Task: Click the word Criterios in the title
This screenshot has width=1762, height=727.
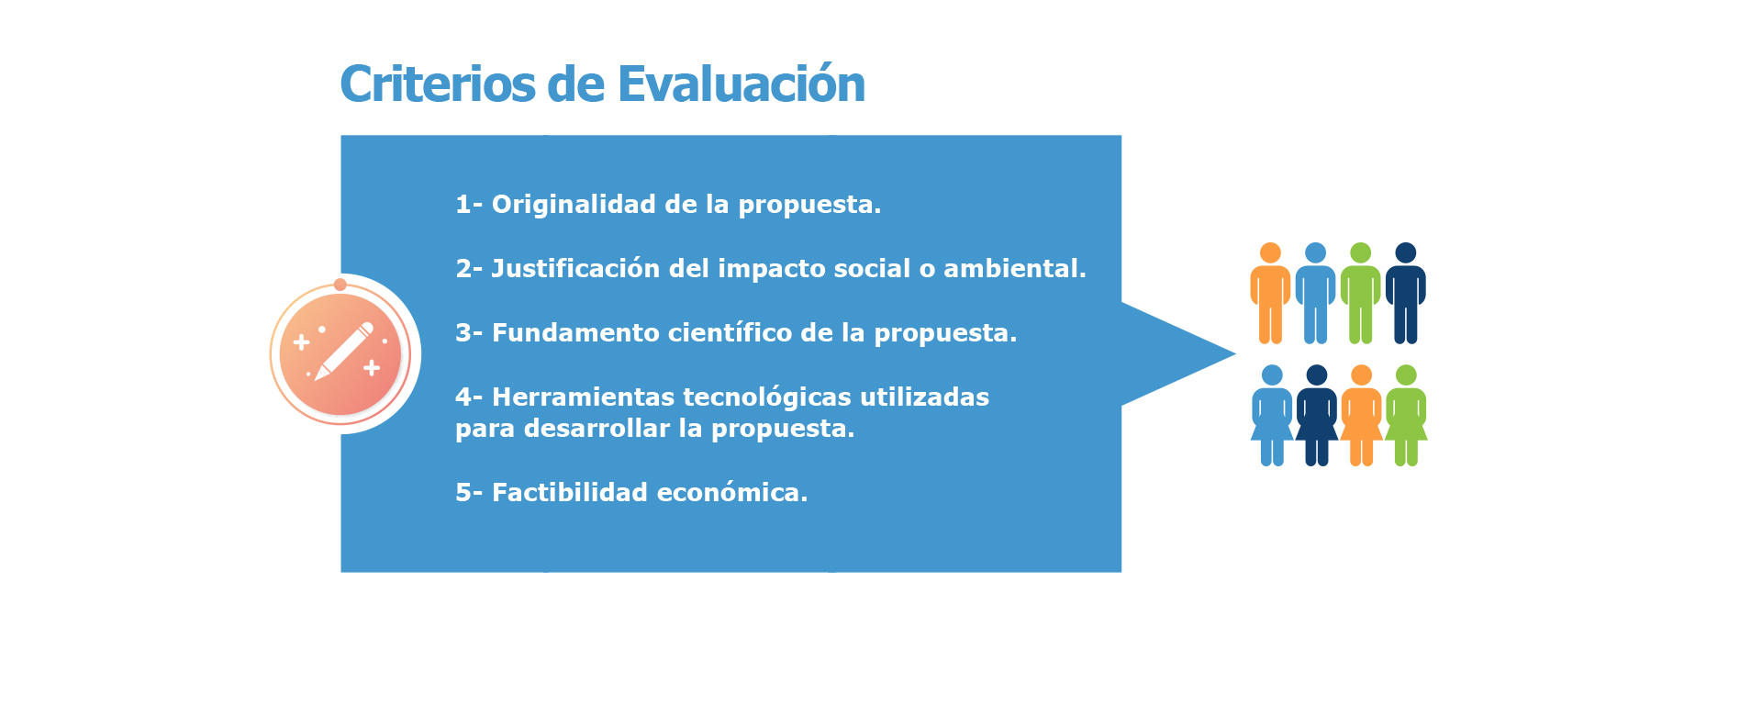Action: (438, 84)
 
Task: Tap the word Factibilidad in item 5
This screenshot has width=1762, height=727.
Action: (570, 493)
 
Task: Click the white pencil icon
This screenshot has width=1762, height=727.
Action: (344, 351)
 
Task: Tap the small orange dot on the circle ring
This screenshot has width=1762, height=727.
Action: (340, 285)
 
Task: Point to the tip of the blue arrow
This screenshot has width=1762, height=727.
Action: (1236, 353)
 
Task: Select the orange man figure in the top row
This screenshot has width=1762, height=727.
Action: (1270, 293)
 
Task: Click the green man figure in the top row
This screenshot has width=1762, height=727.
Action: (1361, 293)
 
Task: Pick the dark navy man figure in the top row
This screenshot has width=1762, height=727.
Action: (1406, 293)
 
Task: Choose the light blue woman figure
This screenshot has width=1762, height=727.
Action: (1272, 415)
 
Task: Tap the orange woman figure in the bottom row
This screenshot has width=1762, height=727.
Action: (1362, 415)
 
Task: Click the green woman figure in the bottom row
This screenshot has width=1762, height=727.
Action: (1406, 415)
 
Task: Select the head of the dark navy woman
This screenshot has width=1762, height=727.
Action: (1317, 375)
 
